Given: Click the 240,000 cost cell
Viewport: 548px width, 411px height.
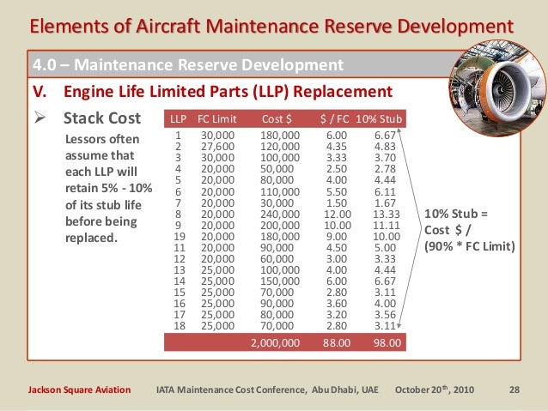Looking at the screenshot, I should click(x=280, y=214).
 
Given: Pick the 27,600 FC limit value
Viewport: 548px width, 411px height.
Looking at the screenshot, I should click(x=216, y=147).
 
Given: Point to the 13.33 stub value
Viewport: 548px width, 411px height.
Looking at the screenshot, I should click(x=387, y=214).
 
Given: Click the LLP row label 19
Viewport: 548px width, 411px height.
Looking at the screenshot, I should click(x=178, y=236).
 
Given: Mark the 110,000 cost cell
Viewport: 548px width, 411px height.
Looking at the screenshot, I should click(x=280, y=191).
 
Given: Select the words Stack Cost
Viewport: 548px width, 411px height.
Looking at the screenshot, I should click(x=97, y=118).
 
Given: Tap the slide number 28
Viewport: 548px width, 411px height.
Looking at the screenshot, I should click(x=515, y=390).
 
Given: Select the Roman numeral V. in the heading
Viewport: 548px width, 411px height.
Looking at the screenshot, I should click(x=39, y=91).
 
